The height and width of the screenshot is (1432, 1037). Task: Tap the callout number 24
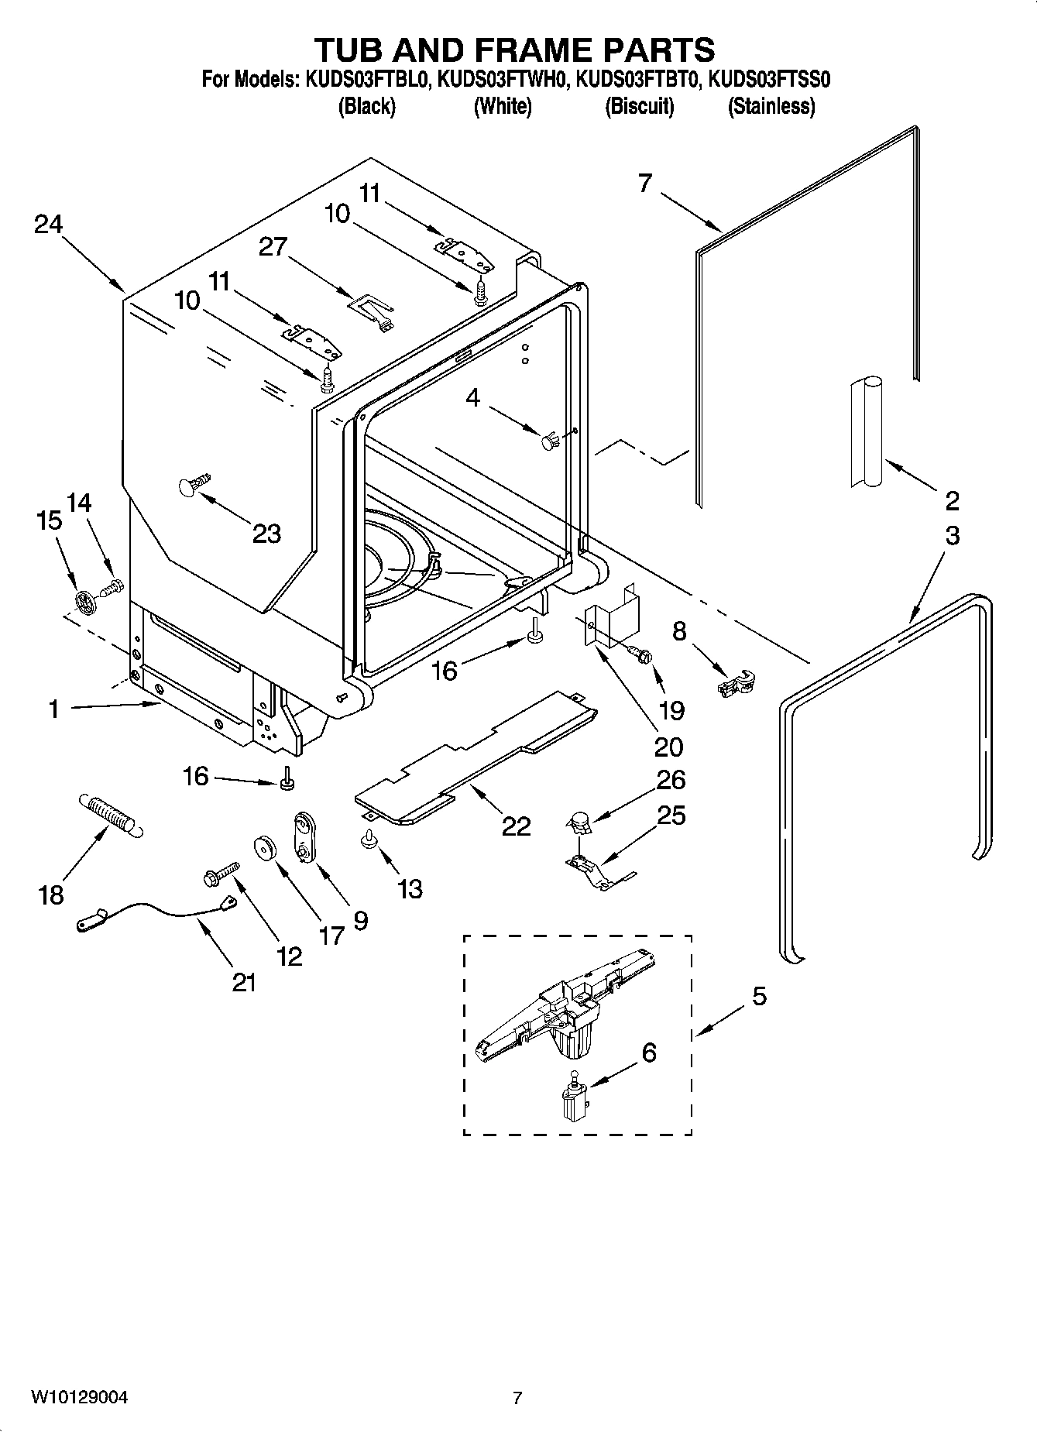tap(48, 225)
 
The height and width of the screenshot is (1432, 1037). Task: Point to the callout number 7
tap(645, 184)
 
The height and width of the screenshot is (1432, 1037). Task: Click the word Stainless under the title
tap(771, 106)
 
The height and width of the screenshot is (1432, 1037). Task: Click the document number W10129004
tap(79, 1397)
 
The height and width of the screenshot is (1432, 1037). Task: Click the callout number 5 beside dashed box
tap(758, 996)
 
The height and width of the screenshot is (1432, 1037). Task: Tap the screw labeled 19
tap(640, 654)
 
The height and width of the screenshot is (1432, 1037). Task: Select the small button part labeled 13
tap(369, 840)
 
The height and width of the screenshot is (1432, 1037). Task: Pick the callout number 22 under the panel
tap(516, 826)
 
